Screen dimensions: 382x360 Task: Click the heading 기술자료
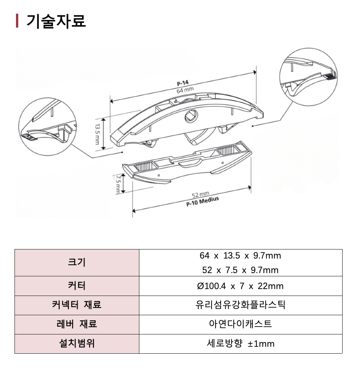point(56,21)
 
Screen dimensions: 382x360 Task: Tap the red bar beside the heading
point(17,21)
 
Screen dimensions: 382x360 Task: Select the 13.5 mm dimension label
point(97,134)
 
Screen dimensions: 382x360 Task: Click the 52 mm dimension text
point(200,195)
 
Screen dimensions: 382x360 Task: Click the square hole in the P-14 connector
point(191,116)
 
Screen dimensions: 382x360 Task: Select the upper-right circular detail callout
point(309,76)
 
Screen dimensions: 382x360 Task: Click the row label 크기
point(77,262)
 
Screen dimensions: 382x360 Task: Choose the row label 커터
point(77,286)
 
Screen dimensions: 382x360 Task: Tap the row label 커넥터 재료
point(77,305)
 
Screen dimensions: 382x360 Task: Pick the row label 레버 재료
point(77,324)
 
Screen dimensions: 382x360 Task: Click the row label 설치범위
point(77,344)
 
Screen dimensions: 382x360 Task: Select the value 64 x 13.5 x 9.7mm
point(240,256)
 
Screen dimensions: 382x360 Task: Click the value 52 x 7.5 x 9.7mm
point(240,270)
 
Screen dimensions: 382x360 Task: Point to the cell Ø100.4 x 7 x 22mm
point(240,286)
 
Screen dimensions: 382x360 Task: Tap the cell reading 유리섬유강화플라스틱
point(240,305)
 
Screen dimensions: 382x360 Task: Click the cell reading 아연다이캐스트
point(240,324)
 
